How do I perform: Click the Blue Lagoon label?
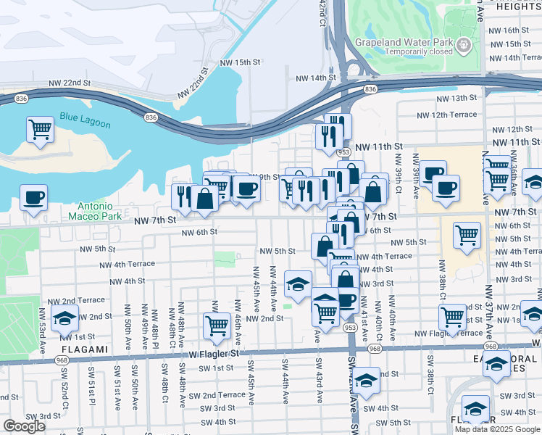[x=78, y=117]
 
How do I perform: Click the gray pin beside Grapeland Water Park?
[x=464, y=46]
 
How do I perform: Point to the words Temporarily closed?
[x=419, y=51]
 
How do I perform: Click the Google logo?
[x=24, y=426]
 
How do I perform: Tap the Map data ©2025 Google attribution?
[x=497, y=429]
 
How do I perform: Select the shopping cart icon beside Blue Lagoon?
[x=41, y=128]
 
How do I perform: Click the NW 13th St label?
[x=456, y=98]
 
